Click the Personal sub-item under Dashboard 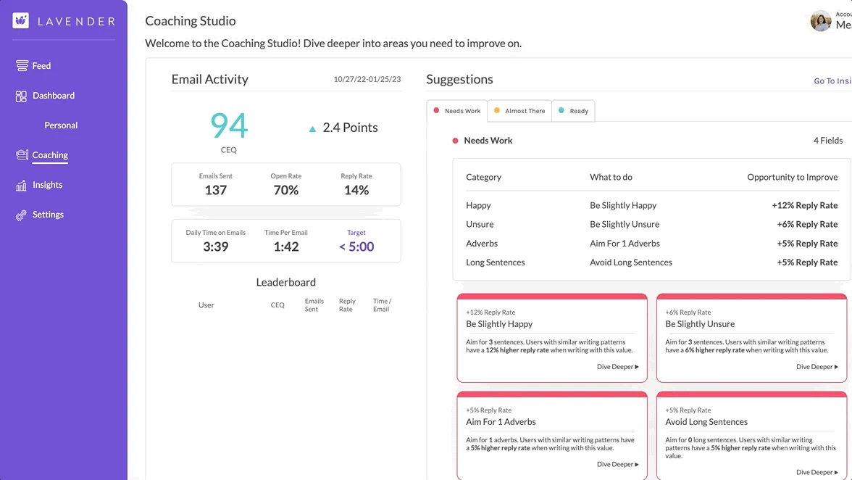61,125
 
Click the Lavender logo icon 20,20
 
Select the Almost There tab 519,111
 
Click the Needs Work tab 457,111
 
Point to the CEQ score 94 229,125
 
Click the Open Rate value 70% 286,190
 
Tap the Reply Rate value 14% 356,190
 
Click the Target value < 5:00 356,247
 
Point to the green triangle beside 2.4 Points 312,129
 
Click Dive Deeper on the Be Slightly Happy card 617,367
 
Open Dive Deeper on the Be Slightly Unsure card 816,367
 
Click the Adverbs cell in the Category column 482,244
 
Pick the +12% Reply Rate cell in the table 804,206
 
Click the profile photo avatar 821,21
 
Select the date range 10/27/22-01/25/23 367,80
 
